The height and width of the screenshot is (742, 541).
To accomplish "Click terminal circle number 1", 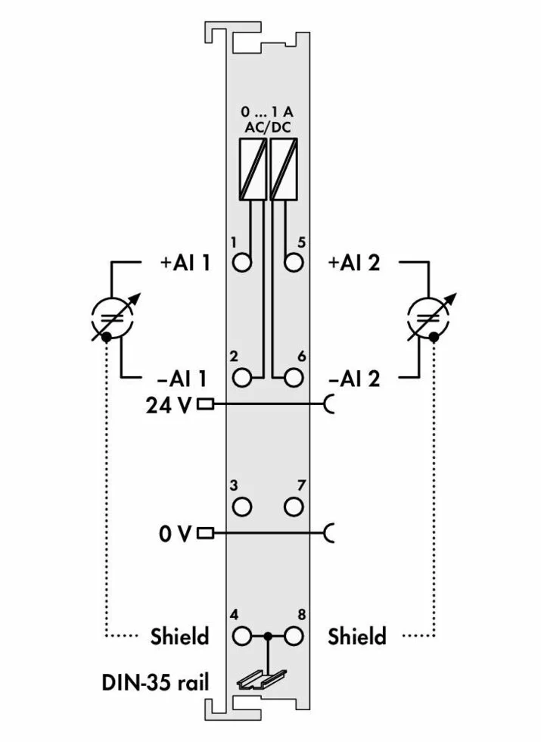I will pyautogui.click(x=243, y=263).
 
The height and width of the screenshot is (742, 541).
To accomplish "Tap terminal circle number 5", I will pyautogui.click(x=294, y=263).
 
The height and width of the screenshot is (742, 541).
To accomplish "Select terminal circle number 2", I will pyautogui.click(x=243, y=376).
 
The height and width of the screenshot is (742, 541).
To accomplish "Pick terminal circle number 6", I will pyautogui.click(x=294, y=376).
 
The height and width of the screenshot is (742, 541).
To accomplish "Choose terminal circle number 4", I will pyautogui.click(x=243, y=635).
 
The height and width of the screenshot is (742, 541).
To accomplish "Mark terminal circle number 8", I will pyautogui.click(x=294, y=635).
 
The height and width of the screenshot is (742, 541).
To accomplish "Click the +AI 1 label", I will pyautogui.click(x=185, y=263).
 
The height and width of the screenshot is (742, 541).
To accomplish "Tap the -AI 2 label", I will pyautogui.click(x=354, y=377).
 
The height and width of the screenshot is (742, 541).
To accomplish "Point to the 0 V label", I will pyautogui.click(x=176, y=534).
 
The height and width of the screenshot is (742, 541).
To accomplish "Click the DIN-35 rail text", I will pyautogui.click(x=155, y=683).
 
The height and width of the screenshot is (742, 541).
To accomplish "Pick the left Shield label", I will pyautogui.click(x=179, y=636).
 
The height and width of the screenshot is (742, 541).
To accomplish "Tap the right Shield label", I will pyautogui.click(x=357, y=636).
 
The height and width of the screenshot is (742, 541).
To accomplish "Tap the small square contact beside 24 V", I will pyautogui.click(x=205, y=404).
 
